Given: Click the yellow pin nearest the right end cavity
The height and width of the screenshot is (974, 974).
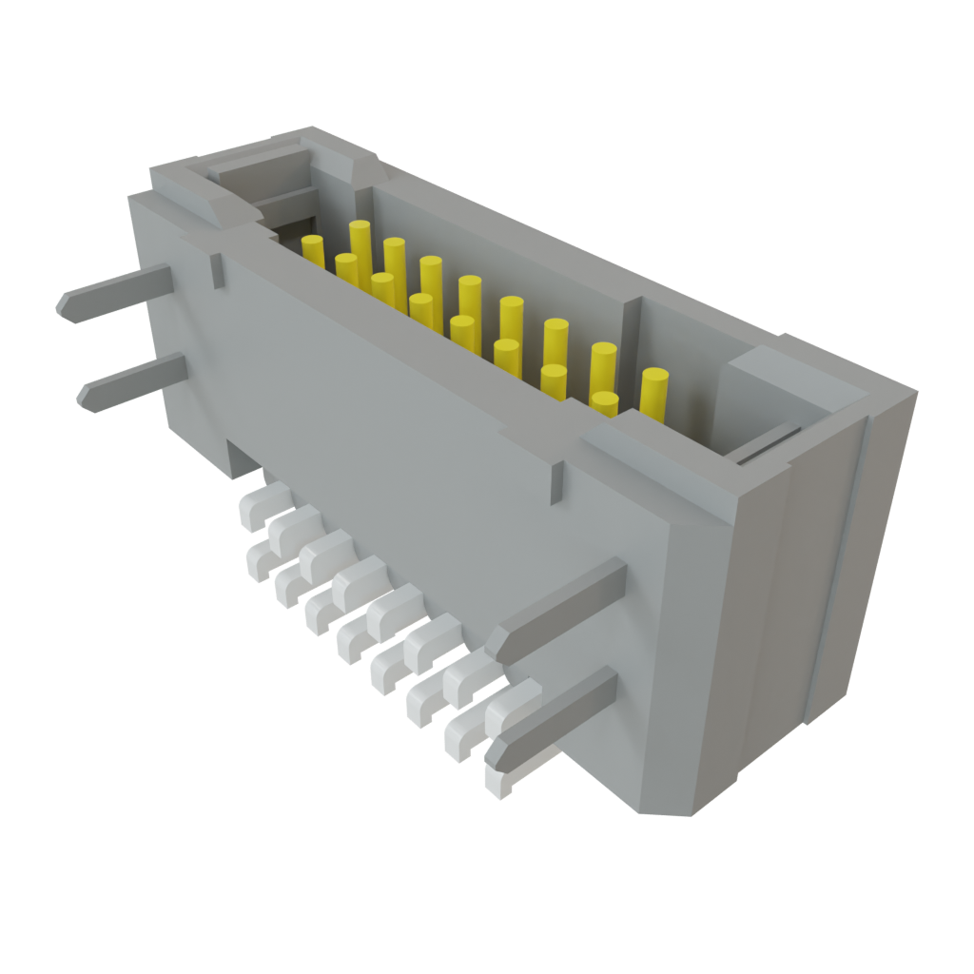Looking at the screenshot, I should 653,392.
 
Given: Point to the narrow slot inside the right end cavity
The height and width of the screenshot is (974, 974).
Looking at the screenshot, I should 766,447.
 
